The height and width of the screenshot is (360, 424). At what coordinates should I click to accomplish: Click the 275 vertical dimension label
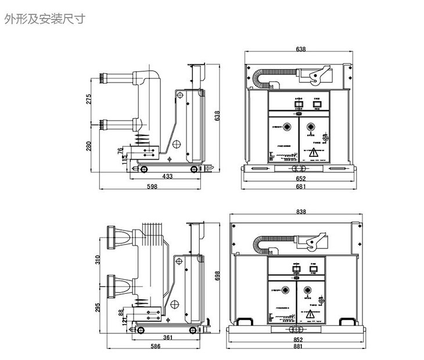88,99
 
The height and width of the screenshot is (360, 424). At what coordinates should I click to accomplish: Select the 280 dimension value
88,145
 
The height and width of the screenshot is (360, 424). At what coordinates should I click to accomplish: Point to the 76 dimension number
120,152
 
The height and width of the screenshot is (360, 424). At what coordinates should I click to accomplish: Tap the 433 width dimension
167,176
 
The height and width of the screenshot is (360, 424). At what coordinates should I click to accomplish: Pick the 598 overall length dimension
152,186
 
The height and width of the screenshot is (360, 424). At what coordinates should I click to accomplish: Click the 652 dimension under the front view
300,179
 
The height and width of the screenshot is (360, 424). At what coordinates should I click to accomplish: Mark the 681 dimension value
300,186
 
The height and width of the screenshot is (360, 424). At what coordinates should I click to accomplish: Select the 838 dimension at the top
301,212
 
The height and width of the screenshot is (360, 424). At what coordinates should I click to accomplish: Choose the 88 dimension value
121,314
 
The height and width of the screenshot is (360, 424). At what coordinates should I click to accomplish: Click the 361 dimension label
167,337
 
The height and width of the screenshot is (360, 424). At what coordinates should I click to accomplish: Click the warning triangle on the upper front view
313,152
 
